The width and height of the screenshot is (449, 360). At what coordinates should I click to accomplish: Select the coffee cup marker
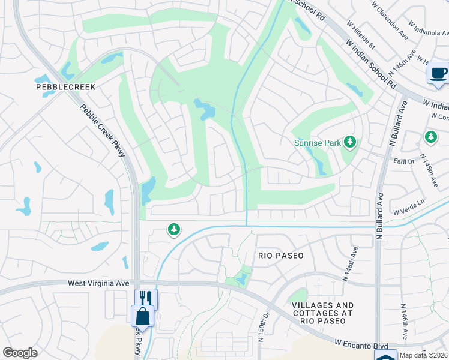click(x=438, y=74)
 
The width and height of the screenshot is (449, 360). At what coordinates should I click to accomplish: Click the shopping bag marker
click(x=142, y=314)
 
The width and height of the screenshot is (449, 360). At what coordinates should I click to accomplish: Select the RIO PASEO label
click(x=281, y=256)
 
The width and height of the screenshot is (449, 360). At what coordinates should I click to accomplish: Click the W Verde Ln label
click(x=409, y=208)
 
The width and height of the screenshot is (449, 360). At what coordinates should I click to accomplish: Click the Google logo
click(x=20, y=353)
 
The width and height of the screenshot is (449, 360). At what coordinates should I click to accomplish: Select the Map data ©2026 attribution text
click(x=423, y=356)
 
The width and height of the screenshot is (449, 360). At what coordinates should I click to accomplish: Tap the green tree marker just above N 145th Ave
click(x=430, y=137)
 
